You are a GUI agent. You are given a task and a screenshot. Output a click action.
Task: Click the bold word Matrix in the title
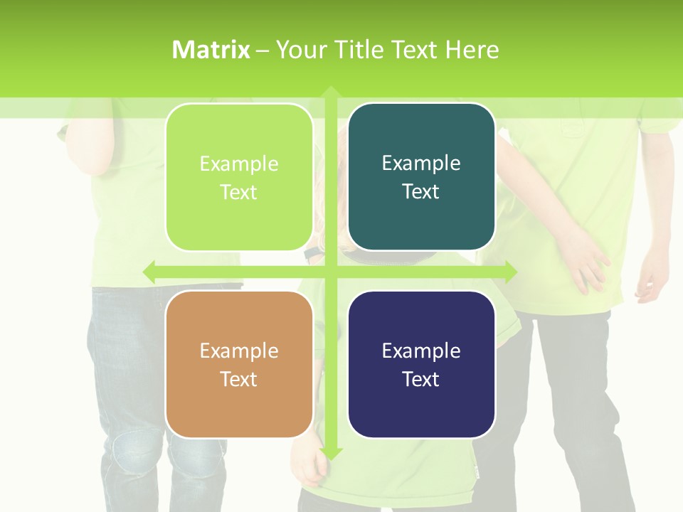click(211, 50)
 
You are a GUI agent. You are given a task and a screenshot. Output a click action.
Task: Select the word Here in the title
click(472, 50)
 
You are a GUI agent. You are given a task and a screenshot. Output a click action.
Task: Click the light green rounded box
click(239, 177)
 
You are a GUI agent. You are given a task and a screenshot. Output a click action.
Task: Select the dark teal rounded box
click(421, 177)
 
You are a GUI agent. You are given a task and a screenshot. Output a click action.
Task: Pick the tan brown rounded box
click(239, 364)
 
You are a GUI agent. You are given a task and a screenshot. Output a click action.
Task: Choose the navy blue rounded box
click(421, 364)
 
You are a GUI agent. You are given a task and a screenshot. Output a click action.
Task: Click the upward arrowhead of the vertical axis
click(331, 92)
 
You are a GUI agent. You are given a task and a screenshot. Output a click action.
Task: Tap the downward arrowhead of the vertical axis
click(331, 453)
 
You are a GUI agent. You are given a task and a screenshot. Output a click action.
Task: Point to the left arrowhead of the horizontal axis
click(150, 272)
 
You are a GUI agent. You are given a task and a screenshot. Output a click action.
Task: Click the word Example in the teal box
click(421, 163)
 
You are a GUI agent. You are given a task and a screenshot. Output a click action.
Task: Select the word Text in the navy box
click(421, 379)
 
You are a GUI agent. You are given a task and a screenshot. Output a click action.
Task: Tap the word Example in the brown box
click(239, 351)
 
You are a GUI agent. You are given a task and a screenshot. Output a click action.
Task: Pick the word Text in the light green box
click(239, 192)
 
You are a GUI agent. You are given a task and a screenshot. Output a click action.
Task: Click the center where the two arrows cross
click(331, 272)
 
